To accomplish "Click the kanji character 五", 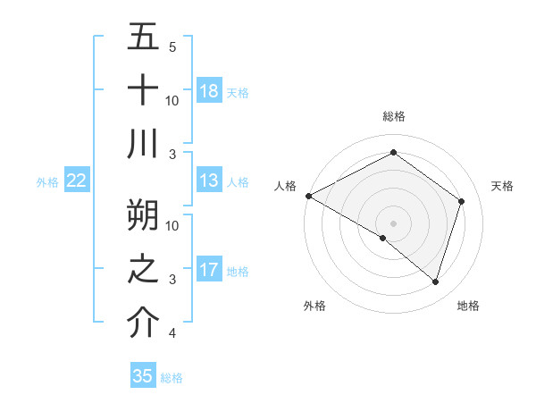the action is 143,37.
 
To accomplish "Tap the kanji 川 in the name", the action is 143,144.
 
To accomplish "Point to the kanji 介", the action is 143,323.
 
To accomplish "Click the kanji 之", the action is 143,269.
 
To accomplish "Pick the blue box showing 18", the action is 208,90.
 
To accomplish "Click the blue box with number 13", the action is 208,181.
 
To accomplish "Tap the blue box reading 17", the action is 208,270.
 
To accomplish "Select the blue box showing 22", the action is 77,181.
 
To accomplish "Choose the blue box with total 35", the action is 143,376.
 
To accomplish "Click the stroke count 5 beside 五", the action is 172,46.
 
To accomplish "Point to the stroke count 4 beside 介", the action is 172,333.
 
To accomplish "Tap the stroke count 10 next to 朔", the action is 172,225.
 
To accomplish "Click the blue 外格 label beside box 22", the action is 47,182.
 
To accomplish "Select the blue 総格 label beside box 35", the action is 172,377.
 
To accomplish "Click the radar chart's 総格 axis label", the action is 393,116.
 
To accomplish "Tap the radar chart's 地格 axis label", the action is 468,306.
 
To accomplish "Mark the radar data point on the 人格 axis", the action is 308,196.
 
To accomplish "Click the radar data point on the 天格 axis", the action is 461,201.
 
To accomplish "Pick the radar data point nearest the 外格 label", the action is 383,238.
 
